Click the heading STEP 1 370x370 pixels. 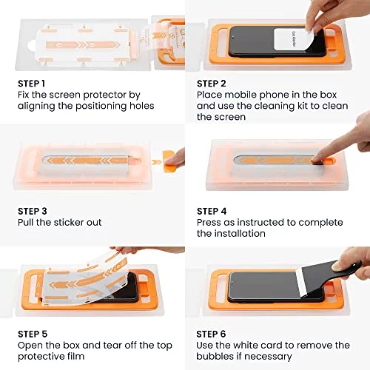tap(31, 84)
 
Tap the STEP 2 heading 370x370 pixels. tap(212, 84)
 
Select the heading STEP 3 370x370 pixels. tap(33, 211)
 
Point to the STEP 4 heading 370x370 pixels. tap(212, 211)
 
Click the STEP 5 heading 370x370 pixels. tap(33, 334)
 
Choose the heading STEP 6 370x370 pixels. tap(211, 334)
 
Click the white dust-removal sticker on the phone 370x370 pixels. tap(288, 39)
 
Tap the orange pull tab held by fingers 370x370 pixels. tap(170, 161)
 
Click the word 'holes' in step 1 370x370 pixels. tap(142, 106)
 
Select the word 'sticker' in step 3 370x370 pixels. tap(69, 223)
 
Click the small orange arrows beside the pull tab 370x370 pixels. tap(156, 162)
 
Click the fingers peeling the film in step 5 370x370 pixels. tap(128, 250)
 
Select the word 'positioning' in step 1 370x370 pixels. tap(101, 107)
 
